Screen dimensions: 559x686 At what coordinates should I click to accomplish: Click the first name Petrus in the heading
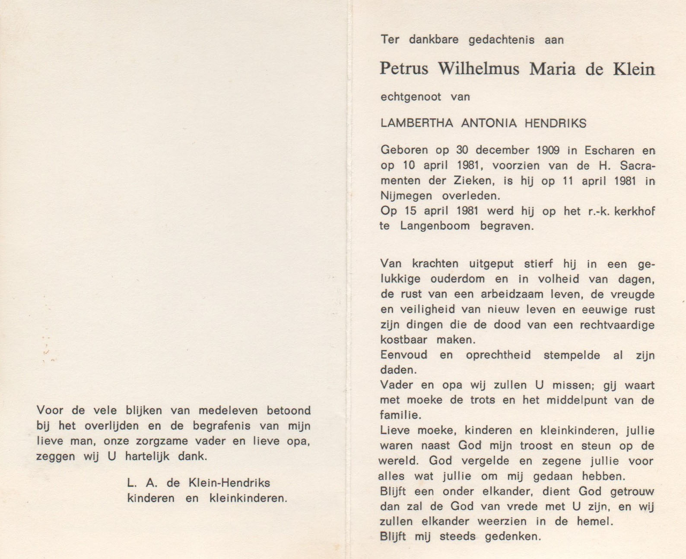(404, 69)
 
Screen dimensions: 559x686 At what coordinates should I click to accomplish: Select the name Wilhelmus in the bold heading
(478, 69)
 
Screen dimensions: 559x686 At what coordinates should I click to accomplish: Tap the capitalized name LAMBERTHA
(416, 123)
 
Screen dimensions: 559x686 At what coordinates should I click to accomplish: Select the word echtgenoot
(411, 97)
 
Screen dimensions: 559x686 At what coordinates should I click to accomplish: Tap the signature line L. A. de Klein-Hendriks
(198, 483)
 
